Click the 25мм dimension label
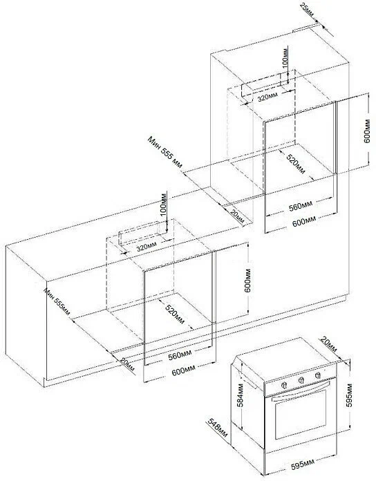(x=307, y=10)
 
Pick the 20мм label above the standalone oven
(x=328, y=344)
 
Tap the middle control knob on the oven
(x=301, y=380)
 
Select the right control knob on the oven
(x=318, y=375)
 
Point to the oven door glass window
(x=302, y=414)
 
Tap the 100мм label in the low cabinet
(x=163, y=202)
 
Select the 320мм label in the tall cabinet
(x=267, y=97)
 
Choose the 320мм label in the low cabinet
(x=147, y=247)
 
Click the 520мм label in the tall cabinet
(x=296, y=164)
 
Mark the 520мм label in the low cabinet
(x=175, y=314)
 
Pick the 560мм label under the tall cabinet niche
(x=301, y=207)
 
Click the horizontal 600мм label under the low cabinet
(x=183, y=372)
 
